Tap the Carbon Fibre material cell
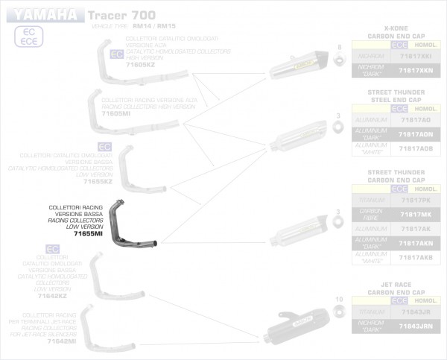click(x=371, y=214)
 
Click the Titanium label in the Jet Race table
click(x=371, y=312)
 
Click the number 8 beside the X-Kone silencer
click(x=339, y=47)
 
